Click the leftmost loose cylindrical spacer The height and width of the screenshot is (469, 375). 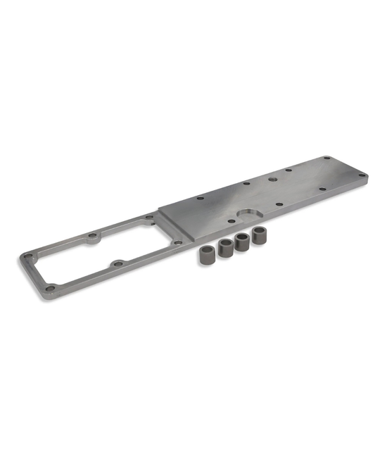point(208,254)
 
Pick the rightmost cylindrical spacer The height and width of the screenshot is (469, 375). point(257,236)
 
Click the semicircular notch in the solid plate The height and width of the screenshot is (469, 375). point(248,215)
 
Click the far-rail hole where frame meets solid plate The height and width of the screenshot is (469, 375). point(149,218)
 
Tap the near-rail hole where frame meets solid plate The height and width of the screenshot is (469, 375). point(178,242)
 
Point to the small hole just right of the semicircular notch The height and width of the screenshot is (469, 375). point(280,204)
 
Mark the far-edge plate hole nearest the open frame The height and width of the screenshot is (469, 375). point(201,199)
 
